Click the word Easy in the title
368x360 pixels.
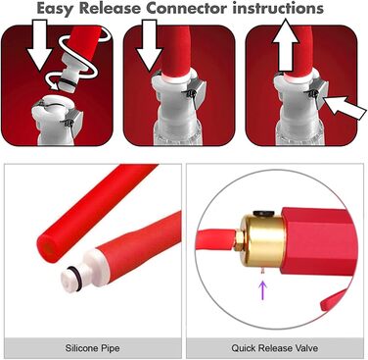[x=56, y=9]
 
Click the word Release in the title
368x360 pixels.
[x=111, y=8]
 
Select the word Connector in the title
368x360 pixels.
[x=187, y=8]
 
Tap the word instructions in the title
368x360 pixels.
[x=278, y=8]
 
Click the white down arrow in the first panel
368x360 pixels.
[x=39, y=45]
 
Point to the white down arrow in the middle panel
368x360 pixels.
[x=149, y=45]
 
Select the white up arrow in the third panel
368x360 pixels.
[x=286, y=45]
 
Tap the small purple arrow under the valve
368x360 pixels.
[x=263, y=289]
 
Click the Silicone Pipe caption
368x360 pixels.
[x=92, y=347]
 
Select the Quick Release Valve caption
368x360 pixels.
[x=275, y=347]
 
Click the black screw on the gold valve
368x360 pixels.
[x=263, y=213]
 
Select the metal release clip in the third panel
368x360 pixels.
[x=318, y=92]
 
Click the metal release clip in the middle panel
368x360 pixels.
[x=196, y=89]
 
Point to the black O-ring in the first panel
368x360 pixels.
[x=69, y=84]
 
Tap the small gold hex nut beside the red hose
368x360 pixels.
[x=238, y=240]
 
